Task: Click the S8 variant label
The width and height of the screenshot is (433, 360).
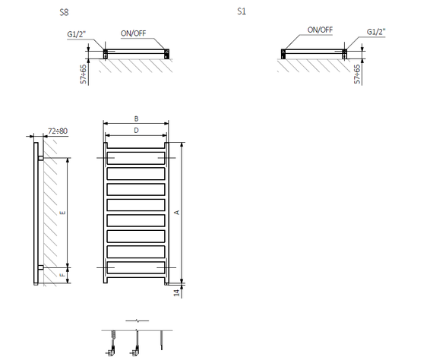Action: tap(64, 12)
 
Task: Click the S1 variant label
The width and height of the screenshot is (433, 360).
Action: tap(242, 11)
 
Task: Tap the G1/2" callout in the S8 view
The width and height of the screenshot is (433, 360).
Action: tap(77, 34)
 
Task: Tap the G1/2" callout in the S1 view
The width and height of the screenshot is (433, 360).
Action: tap(376, 32)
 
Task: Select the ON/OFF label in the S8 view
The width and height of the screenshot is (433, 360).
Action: tap(134, 33)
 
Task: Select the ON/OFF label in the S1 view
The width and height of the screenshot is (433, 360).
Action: tap(320, 30)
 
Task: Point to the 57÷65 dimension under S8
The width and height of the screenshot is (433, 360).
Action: tap(83, 74)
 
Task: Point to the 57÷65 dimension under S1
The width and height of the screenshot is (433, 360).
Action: tap(357, 74)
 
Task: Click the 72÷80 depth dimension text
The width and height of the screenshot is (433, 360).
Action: tap(58, 131)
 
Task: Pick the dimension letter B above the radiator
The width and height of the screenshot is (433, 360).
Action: tap(136, 118)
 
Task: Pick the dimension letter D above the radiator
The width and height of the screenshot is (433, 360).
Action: tap(136, 131)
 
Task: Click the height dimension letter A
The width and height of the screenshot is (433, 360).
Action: tap(177, 213)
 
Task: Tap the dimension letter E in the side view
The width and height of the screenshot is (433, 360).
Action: tap(63, 213)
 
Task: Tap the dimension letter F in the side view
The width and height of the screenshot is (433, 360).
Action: tap(63, 275)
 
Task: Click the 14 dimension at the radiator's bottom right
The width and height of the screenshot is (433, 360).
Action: tap(176, 292)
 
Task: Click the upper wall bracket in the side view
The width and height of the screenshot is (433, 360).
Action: tap(40, 158)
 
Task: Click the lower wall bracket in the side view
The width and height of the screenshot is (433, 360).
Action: tap(40, 267)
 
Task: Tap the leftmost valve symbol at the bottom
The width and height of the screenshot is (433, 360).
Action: tap(112, 343)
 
